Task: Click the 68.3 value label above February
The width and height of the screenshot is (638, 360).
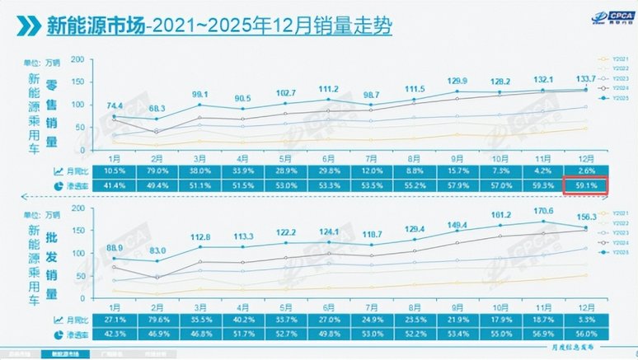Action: pyautogui.click(x=157, y=109)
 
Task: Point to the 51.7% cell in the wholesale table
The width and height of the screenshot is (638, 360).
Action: pyautogui.click(x=242, y=334)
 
